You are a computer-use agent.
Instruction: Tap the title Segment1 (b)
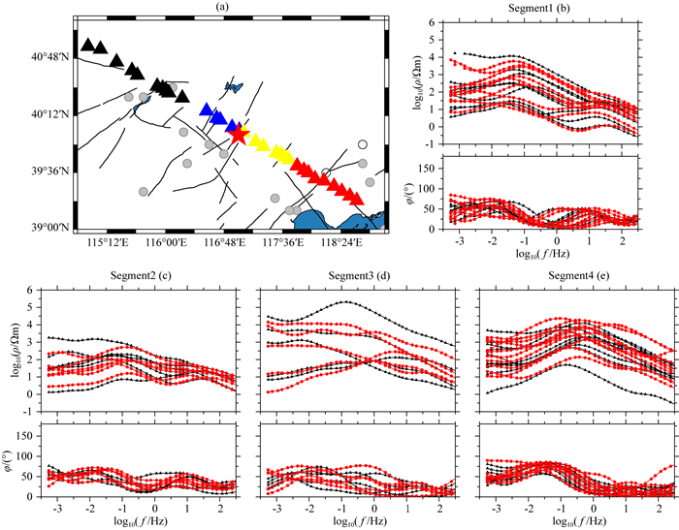point(545,8)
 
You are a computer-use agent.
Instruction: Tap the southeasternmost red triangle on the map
point(357,200)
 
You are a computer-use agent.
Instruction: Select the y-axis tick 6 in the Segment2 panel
point(33,290)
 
